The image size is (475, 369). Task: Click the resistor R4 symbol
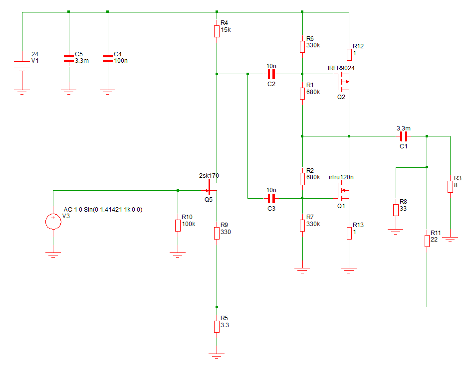(217, 31)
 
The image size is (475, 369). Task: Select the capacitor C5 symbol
(69, 58)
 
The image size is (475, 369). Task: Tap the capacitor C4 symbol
(108, 58)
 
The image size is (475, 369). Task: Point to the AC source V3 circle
(53, 222)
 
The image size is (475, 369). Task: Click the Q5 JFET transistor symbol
(212, 187)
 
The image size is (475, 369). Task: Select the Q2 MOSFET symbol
(343, 82)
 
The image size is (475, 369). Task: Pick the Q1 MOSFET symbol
(343, 191)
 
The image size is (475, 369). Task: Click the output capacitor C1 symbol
(404, 136)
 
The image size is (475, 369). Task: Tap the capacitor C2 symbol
(271, 74)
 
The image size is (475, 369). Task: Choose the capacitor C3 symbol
(271, 198)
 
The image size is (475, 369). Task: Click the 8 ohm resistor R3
(450, 187)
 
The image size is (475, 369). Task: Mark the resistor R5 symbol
(217, 327)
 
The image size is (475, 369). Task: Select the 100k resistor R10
(178, 225)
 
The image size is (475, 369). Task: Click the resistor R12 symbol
(349, 55)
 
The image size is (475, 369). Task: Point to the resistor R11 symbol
(427, 241)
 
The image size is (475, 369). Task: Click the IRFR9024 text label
(341, 68)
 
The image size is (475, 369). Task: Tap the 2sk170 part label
(209, 175)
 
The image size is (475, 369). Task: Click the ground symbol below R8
(396, 232)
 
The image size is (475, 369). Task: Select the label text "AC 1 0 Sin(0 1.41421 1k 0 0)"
(103, 209)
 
